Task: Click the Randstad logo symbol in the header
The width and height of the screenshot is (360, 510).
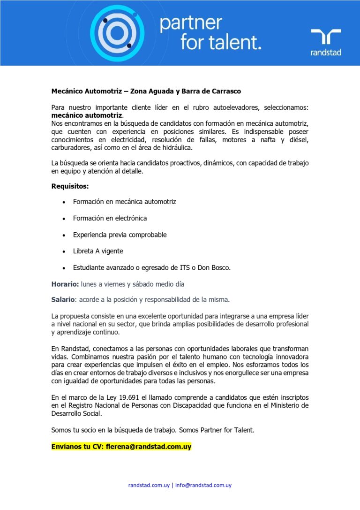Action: (x=326, y=37)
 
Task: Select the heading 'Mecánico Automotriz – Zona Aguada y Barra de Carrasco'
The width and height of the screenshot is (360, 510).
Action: (x=146, y=91)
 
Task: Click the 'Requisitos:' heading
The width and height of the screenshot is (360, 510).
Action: (x=70, y=186)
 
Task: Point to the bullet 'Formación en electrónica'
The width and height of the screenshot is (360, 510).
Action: (x=110, y=218)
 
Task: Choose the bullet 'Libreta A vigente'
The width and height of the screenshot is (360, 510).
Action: (x=98, y=251)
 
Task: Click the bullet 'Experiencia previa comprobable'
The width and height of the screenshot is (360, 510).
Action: (x=120, y=235)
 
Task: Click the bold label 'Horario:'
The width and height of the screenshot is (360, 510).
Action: (x=65, y=284)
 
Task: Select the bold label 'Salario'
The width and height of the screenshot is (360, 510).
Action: (x=63, y=299)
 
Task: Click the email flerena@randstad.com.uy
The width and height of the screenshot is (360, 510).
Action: (x=149, y=447)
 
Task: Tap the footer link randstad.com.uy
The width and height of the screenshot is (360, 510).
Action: (x=149, y=485)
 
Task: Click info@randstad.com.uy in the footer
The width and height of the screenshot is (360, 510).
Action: (x=203, y=485)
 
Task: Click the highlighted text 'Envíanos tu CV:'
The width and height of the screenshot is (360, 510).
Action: (x=77, y=447)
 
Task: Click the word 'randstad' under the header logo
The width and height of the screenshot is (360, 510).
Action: (x=326, y=53)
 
